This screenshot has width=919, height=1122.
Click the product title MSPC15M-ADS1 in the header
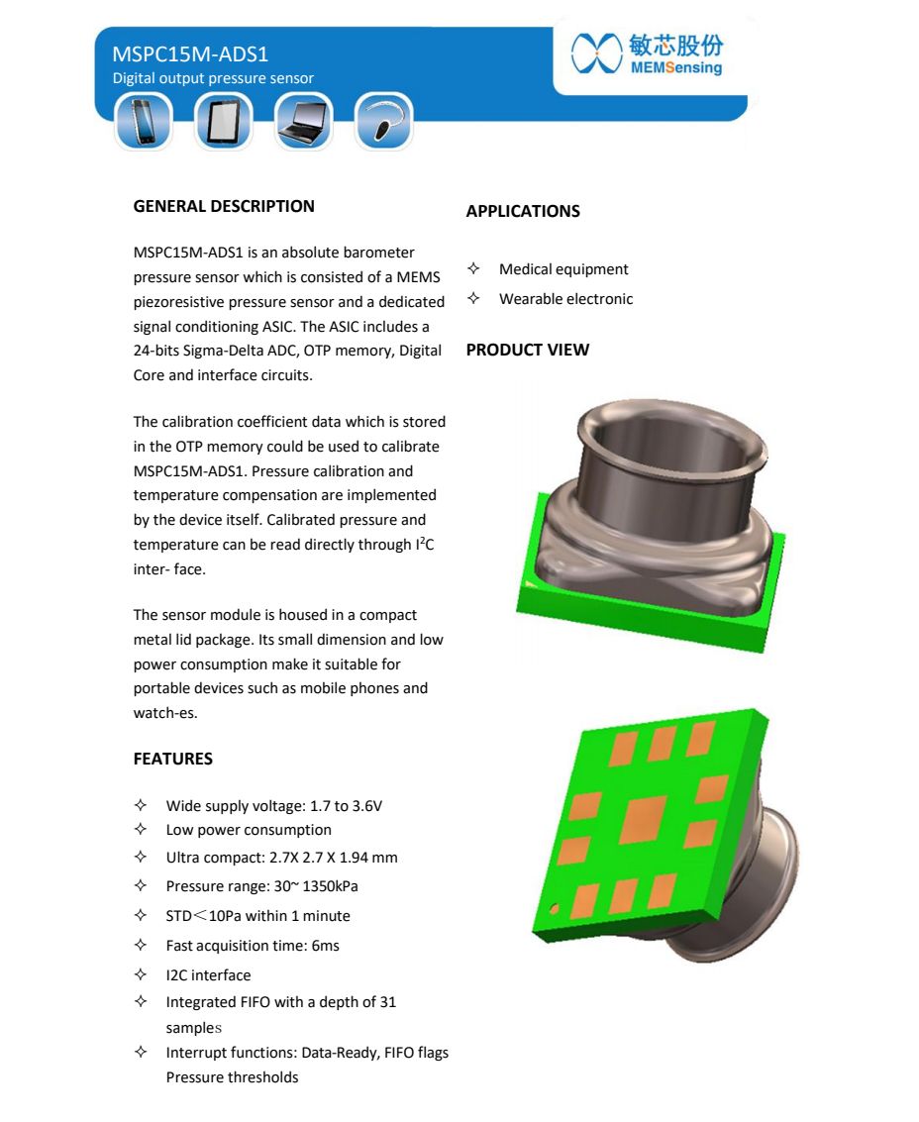tap(190, 53)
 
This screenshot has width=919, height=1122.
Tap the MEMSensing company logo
tap(648, 54)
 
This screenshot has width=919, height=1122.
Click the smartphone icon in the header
tap(144, 122)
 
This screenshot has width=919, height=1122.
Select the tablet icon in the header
tap(224, 122)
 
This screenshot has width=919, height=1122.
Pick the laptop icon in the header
tap(303, 122)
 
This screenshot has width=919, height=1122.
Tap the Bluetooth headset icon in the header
tap(382, 122)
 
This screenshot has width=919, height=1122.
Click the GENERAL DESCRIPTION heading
tap(224, 206)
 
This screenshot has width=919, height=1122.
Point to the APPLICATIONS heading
tap(523, 211)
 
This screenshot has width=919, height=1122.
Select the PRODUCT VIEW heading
tap(527, 350)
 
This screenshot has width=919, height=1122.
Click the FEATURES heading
tap(173, 759)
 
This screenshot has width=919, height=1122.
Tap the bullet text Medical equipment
tap(563, 269)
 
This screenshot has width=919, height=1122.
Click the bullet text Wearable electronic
tap(565, 299)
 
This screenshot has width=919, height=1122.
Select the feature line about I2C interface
tap(208, 975)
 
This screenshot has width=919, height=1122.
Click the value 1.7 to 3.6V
tap(345, 806)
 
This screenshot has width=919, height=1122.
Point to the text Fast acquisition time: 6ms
tap(253, 946)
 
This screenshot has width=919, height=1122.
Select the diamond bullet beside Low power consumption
tap(141, 830)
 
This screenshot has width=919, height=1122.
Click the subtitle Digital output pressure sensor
tap(213, 78)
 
